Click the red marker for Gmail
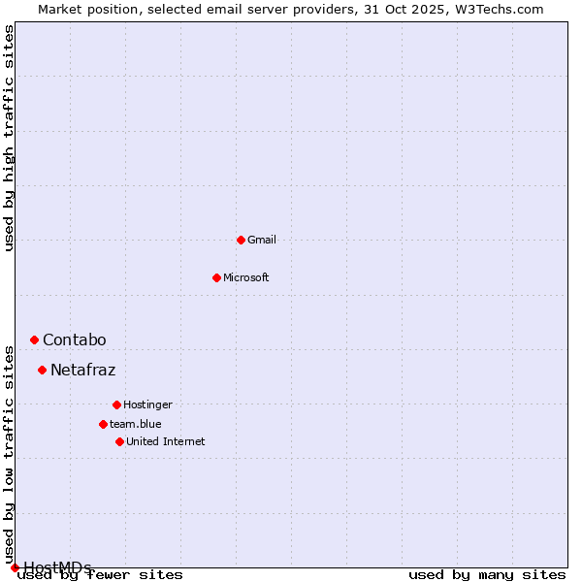point(241,240)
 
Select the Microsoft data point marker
point(216,277)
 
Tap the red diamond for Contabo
point(34,339)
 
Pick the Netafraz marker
point(42,370)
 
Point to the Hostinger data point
point(116,404)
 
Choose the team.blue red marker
point(103,424)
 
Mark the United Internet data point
point(119,441)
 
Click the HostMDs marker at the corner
point(15,567)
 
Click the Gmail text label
point(262,240)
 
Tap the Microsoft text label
point(246,277)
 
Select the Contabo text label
point(75,339)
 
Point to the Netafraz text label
point(83,370)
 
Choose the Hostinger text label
point(147,404)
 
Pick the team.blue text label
point(136,424)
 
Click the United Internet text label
point(166,441)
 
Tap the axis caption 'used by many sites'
point(487,575)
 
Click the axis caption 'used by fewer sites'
point(101,575)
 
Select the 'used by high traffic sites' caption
point(10,138)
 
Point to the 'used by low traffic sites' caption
point(10,454)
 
